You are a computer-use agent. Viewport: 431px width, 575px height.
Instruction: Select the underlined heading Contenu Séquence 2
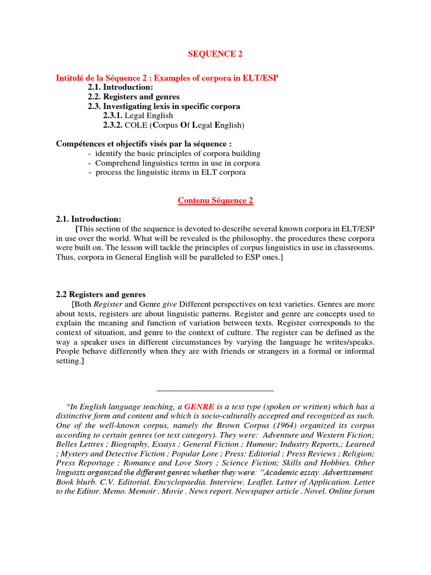coord(215,200)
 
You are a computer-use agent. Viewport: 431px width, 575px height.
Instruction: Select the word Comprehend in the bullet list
coord(115,163)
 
